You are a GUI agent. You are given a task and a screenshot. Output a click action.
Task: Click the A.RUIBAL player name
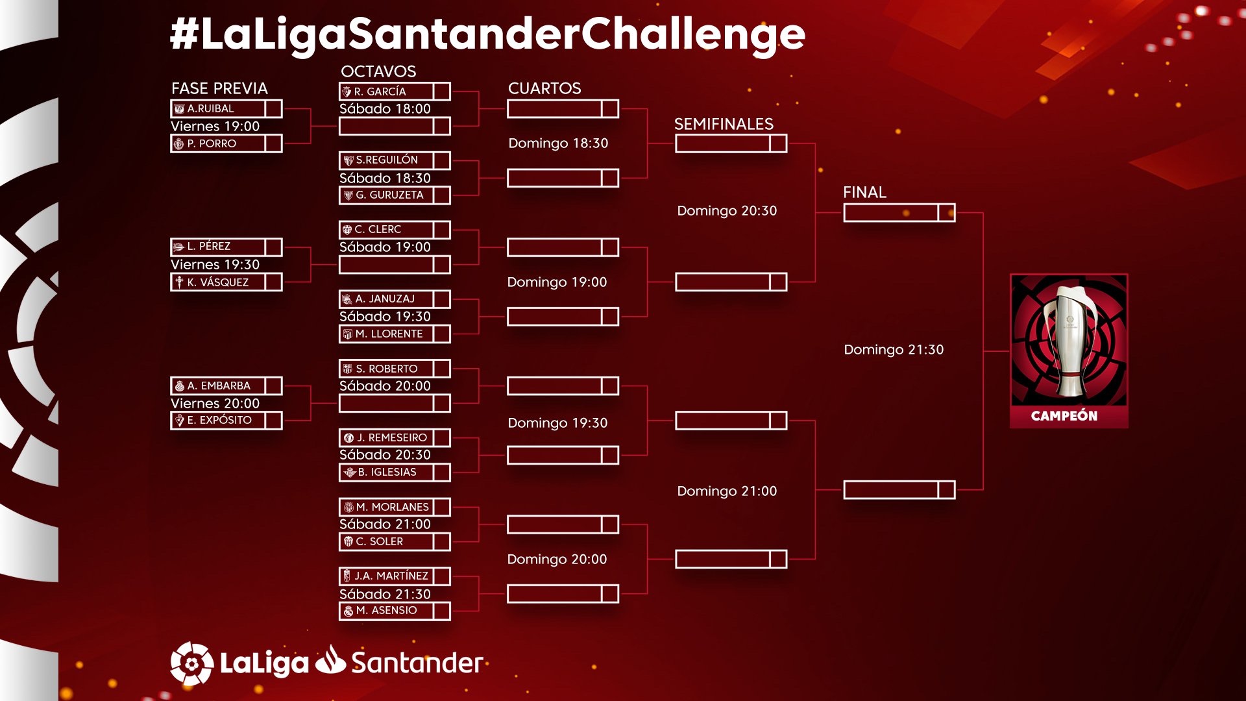tap(210, 108)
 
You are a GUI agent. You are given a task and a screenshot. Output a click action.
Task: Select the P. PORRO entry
tap(212, 143)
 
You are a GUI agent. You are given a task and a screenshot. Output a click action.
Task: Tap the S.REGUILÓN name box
tap(387, 160)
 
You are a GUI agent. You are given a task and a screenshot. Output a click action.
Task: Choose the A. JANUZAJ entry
tap(385, 299)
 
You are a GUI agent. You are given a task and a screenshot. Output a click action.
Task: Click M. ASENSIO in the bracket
tap(386, 610)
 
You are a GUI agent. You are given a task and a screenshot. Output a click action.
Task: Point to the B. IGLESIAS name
tap(387, 472)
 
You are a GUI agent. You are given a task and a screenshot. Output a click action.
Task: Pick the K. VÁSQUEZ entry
tap(218, 282)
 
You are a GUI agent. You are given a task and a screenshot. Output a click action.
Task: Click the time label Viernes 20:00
tap(215, 403)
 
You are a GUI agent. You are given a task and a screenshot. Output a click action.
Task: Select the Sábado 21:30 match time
tap(385, 594)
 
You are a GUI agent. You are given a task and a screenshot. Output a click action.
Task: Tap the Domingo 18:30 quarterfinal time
tap(558, 143)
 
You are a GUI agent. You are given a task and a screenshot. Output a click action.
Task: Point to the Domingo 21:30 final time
tap(894, 350)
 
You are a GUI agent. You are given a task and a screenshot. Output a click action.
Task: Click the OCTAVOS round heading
tap(378, 71)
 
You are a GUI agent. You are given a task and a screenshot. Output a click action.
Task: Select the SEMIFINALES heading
tap(724, 124)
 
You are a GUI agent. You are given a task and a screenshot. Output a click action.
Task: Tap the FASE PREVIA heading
tap(219, 88)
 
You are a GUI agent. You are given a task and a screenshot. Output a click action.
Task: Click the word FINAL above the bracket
tap(864, 192)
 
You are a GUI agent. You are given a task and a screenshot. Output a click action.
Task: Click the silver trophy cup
tap(1069, 342)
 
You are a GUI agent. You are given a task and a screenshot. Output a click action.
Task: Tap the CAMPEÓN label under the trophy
tap(1064, 416)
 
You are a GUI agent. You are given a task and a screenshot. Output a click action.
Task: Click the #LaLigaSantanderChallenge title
tap(487, 34)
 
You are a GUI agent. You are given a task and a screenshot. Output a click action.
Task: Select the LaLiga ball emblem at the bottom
tap(191, 663)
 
